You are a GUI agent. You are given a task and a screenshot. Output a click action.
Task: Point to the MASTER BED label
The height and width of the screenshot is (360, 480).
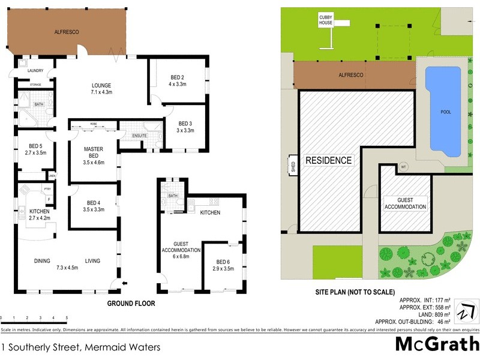(94, 153)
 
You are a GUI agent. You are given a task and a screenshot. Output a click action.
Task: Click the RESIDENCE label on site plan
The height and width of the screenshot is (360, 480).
(328, 160)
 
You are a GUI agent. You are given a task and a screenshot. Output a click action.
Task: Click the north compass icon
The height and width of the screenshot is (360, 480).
(466, 313)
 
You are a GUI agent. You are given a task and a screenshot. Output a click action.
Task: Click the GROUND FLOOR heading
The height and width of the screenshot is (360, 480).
(131, 304)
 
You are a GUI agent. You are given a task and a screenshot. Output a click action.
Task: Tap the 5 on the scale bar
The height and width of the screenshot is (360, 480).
(67, 317)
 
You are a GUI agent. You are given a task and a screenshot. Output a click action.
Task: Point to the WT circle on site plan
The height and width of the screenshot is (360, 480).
(403, 167)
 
